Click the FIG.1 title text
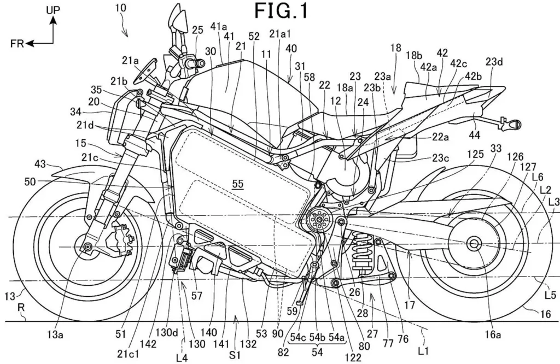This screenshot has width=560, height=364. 281,11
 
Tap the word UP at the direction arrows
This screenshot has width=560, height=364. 53,10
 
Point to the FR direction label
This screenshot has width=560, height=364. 17,44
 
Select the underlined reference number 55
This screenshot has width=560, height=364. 238,184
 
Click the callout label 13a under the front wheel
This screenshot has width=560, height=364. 55,334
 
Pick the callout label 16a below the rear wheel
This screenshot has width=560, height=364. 493,334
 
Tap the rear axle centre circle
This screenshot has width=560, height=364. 474,243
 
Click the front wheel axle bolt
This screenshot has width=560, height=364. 87,246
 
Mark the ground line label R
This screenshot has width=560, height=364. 22,315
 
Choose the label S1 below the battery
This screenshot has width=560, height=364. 235,355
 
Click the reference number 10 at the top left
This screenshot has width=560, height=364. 121,8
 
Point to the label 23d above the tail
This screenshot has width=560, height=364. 494,62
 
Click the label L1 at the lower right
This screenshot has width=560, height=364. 423,351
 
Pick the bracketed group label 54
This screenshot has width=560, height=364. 317,352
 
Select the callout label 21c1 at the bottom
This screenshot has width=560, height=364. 129,354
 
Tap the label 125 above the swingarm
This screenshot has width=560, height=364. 475,154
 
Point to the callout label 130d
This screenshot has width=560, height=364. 166,332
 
